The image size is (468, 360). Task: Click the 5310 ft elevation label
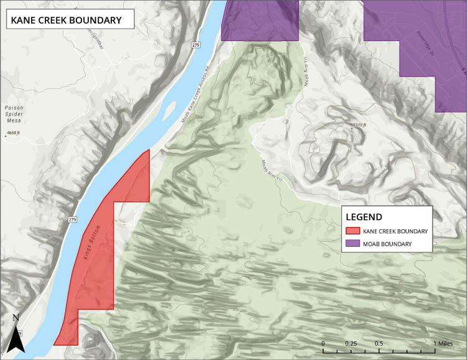click(x=360, y=126)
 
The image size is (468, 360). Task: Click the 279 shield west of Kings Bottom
click(x=72, y=219)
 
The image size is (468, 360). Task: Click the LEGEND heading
click(x=364, y=217)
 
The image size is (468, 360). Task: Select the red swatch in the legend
click(x=353, y=231)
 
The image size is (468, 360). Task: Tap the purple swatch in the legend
click(x=353, y=244)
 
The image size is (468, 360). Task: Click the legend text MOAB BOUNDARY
click(x=387, y=244)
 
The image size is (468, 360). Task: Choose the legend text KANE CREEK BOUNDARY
click(x=395, y=231)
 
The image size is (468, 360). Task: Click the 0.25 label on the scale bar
click(x=351, y=343)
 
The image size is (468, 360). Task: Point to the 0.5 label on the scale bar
click(x=379, y=343)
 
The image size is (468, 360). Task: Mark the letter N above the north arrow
click(x=17, y=318)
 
